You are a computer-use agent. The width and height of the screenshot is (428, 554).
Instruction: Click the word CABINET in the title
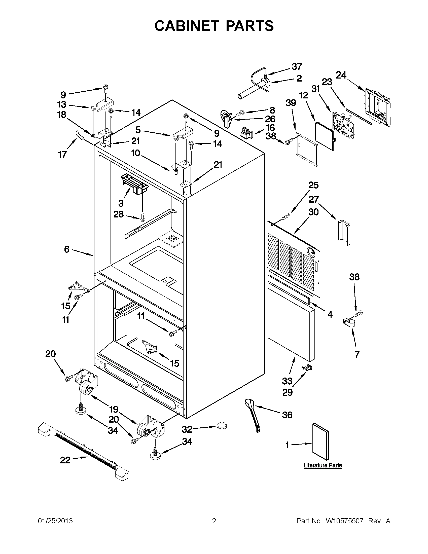tap(187, 26)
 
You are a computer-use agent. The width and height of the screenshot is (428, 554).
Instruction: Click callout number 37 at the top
tap(297, 66)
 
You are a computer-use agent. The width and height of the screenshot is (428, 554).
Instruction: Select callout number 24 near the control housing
tap(341, 75)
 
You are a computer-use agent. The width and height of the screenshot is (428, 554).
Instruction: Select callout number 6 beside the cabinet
tap(66, 249)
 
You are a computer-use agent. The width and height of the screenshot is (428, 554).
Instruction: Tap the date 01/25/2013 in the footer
tap(55, 521)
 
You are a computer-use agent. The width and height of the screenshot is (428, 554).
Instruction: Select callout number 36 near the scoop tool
tap(287, 415)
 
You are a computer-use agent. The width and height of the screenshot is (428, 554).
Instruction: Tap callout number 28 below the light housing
tap(119, 215)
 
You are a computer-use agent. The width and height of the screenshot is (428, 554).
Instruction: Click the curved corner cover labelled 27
tap(344, 233)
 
